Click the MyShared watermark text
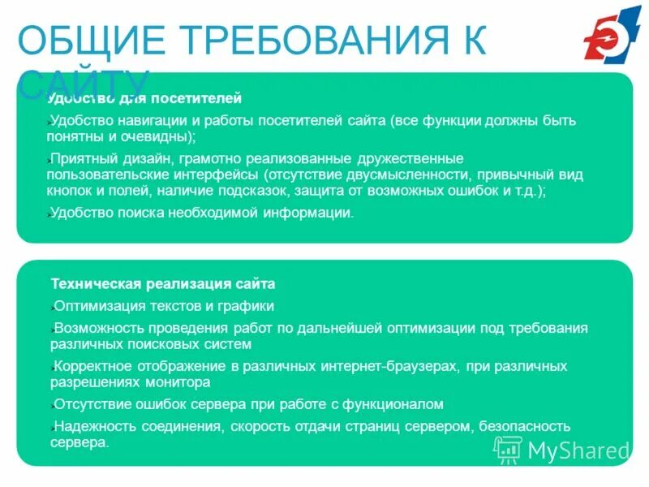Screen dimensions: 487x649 (578, 450)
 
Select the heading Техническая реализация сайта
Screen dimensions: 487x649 (163, 284)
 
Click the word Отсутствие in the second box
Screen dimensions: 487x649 (92, 403)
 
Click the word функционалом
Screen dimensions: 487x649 (401, 403)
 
